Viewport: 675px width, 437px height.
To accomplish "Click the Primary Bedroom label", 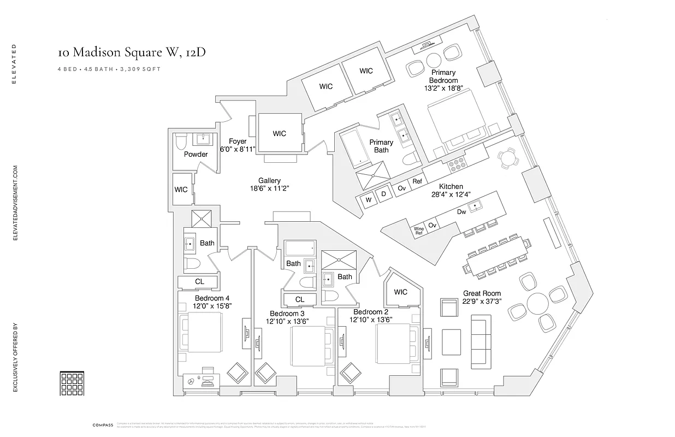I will (x=443, y=76).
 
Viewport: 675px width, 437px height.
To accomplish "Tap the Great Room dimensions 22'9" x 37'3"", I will (x=482, y=302).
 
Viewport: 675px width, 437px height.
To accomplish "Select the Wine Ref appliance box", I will (x=418, y=231).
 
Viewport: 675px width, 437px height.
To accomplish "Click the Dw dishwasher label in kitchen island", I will (x=461, y=212).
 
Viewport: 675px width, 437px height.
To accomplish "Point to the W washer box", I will (x=369, y=200).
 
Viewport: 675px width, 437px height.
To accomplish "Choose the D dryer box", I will (x=383, y=194).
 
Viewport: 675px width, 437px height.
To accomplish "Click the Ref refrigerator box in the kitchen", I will (x=417, y=181).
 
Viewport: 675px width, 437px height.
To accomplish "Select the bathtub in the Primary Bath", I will (x=357, y=147).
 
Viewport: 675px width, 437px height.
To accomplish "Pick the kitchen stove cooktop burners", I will (x=455, y=163).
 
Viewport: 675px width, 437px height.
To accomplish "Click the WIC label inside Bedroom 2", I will (x=401, y=292).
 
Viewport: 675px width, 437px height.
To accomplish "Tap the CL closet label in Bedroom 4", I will (x=199, y=282).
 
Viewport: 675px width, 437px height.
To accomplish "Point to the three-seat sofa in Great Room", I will (x=481, y=341).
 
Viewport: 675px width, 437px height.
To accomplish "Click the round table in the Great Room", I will (x=536, y=303).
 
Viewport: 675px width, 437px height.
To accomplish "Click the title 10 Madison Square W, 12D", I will (x=132, y=52).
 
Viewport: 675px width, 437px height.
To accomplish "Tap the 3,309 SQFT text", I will (x=143, y=69).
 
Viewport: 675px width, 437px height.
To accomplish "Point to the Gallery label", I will (x=270, y=181).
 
